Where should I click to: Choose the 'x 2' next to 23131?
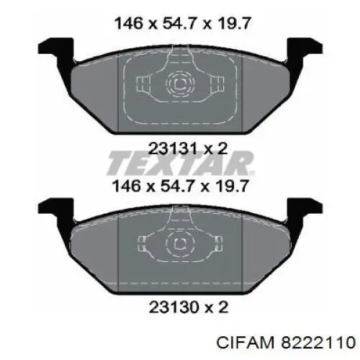pos(215,148)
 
